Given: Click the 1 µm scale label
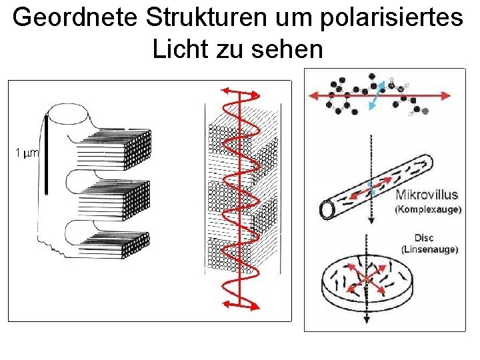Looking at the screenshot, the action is pyautogui.click(x=27, y=153).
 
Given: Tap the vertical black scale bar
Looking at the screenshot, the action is pyautogui.click(x=46, y=153).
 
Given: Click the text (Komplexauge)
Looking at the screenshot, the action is pyautogui.click(x=428, y=209).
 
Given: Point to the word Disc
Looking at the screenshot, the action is pyautogui.click(x=424, y=238).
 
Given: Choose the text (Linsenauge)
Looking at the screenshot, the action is pyautogui.click(x=429, y=249).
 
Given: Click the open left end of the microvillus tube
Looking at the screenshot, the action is pyautogui.click(x=327, y=210).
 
